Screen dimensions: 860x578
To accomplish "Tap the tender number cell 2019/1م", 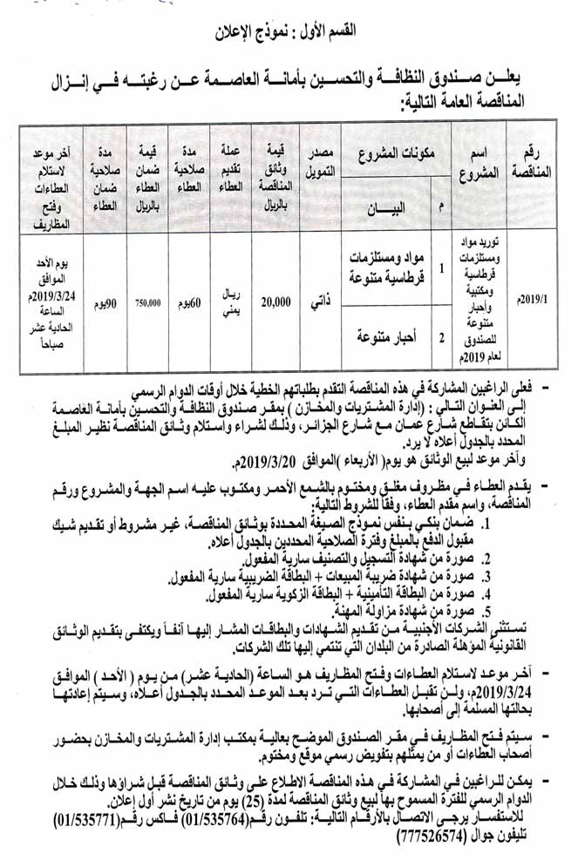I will tap(534, 298).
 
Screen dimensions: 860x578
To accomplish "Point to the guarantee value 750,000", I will tap(147, 303).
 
